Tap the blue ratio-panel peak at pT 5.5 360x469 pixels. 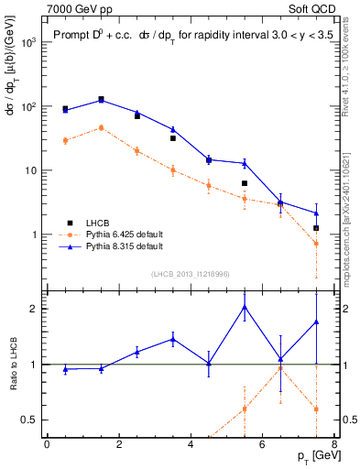point(245,307)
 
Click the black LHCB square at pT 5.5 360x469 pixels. point(245,183)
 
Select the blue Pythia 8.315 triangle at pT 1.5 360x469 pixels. point(101,100)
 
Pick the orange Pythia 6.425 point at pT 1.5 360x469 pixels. point(101,128)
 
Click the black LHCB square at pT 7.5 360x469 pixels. point(316,228)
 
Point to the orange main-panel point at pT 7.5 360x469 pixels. point(316,244)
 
